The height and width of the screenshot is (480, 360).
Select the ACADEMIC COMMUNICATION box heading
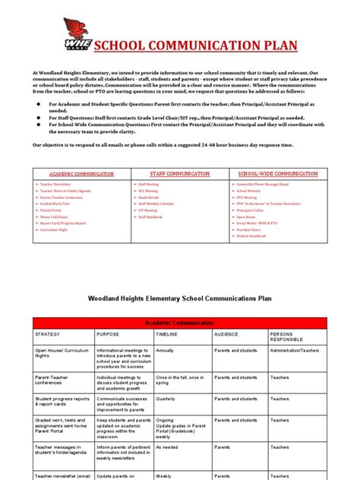[x=81, y=174]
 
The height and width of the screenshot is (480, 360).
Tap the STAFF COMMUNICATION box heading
[x=180, y=174]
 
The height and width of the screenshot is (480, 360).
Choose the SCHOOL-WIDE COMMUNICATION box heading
[x=278, y=174]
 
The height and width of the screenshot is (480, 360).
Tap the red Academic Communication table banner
[x=179, y=323]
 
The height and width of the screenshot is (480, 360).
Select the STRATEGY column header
[x=50, y=333]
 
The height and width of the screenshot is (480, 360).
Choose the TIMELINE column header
[x=168, y=333]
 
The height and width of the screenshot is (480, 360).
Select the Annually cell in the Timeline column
[x=167, y=350]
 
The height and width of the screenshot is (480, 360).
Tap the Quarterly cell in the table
[x=166, y=397]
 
